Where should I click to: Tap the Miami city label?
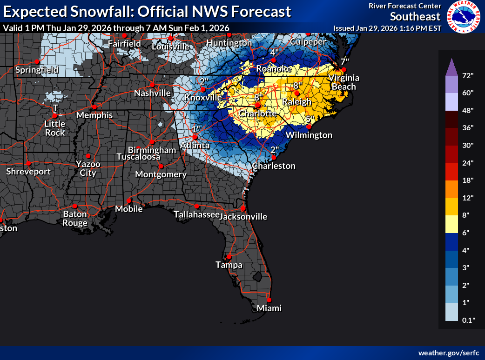[x=269, y=308]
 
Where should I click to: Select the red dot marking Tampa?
[x=229, y=257]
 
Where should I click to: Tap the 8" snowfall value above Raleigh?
[x=297, y=86]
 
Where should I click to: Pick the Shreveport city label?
[x=28, y=172]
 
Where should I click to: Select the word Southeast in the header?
[x=415, y=17]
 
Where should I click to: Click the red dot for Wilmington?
[x=309, y=127]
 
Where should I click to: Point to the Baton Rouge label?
[x=75, y=218]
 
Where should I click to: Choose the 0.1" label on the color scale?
[x=467, y=320]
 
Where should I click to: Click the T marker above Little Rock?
[x=55, y=108]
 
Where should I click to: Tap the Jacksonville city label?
[x=243, y=216]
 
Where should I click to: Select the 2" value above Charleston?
[x=275, y=149]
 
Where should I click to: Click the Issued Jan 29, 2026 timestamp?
[x=387, y=28]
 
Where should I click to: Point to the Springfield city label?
[x=37, y=70]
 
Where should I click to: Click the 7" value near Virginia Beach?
[x=344, y=61]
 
